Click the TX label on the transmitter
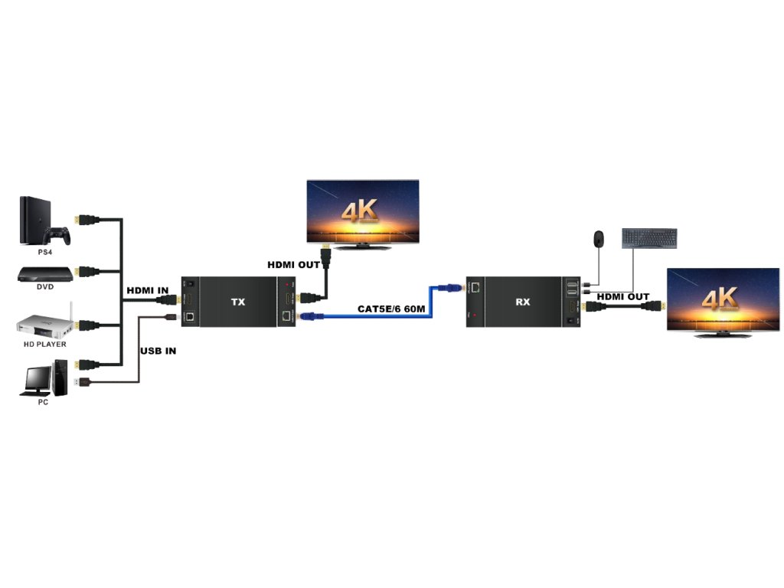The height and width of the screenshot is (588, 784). point(238,302)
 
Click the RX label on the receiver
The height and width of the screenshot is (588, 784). point(523,302)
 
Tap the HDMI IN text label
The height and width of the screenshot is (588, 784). point(147,290)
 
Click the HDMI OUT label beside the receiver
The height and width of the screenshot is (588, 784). point(622,296)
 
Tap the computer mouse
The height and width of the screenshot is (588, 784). point(596,238)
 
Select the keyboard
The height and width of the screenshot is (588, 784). point(649,237)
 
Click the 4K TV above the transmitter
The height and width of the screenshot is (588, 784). point(363,212)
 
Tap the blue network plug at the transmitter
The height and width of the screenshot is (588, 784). point(307,315)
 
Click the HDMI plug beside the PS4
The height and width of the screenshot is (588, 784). point(87,220)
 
